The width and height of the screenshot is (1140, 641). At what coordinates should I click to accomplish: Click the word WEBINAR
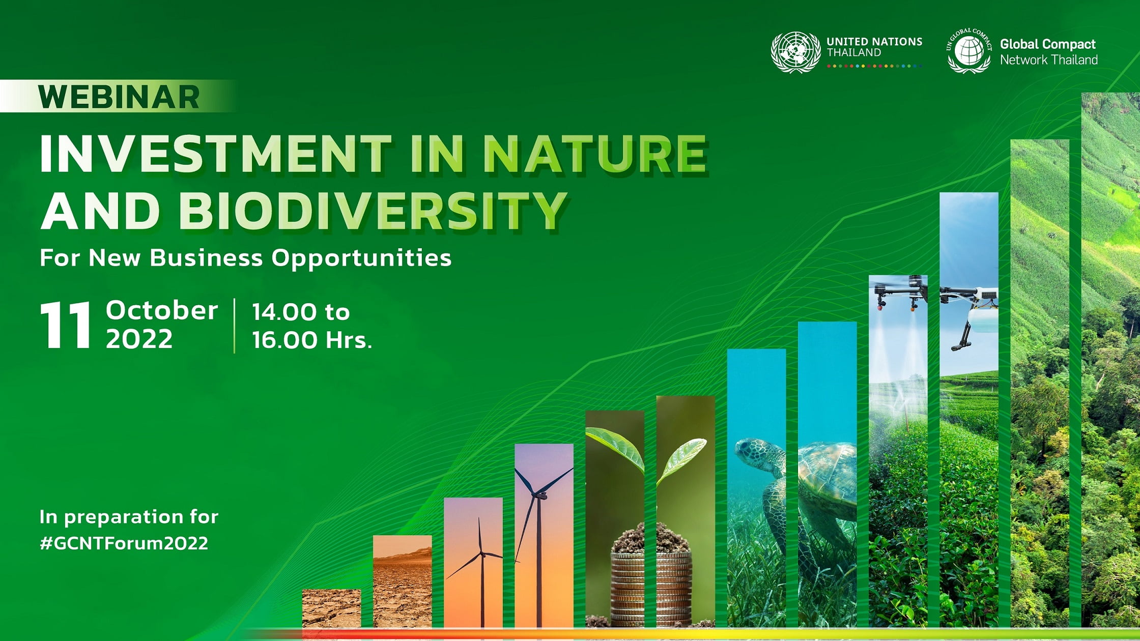tap(119, 97)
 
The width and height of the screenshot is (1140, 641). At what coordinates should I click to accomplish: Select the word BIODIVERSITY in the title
tap(373, 210)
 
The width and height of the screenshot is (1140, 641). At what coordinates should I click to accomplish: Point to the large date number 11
tap(66, 325)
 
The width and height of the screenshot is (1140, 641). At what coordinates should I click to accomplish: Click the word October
tap(162, 310)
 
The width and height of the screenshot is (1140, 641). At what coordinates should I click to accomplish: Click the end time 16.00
tap(284, 340)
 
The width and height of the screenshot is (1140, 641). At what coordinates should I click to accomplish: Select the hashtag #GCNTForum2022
tap(124, 543)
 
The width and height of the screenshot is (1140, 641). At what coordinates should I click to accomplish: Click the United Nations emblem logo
tap(795, 52)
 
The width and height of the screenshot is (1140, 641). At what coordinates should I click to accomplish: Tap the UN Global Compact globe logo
tap(969, 51)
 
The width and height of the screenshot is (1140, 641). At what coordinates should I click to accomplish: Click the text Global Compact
tap(1048, 45)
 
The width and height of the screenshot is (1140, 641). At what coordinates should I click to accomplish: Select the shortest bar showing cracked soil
tap(331, 608)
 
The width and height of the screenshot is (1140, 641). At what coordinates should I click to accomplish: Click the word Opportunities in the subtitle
tap(361, 258)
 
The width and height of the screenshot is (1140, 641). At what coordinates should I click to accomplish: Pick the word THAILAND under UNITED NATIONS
tap(853, 52)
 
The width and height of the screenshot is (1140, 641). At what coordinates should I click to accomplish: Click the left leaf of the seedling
tap(615, 447)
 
